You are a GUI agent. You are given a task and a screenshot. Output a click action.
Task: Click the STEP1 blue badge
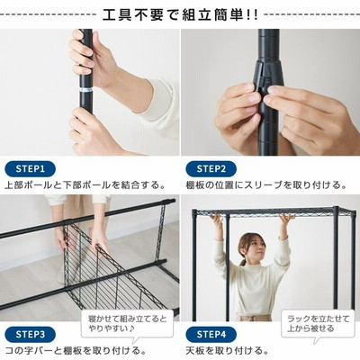(x=30, y=169)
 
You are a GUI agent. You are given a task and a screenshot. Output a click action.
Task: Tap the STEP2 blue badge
(x=211, y=169)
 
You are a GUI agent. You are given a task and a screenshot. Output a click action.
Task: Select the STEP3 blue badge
(x=30, y=335)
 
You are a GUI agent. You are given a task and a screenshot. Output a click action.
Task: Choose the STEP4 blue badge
(x=211, y=335)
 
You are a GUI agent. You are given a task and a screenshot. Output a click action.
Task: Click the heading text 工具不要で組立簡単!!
(x=180, y=15)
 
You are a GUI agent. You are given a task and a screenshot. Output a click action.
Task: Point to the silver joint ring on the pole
(x=86, y=90)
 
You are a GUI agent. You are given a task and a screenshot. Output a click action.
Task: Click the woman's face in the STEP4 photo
(x=253, y=247)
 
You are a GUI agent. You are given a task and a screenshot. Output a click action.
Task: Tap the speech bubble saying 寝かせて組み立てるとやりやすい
(x=127, y=325)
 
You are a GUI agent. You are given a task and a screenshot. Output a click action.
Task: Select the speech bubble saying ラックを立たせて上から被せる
(x=319, y=325)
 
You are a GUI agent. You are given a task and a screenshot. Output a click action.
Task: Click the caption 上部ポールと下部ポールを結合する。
(x=85, y=185)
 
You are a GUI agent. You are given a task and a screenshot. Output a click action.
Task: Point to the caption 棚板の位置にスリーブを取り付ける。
(x=266, y=185)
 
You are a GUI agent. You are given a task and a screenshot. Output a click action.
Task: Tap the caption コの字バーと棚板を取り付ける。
(x=76, y=350)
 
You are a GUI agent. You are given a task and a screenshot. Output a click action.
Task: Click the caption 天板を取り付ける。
(x=227, y=350)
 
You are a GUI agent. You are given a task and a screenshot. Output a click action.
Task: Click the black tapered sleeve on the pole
(x=268, y=78)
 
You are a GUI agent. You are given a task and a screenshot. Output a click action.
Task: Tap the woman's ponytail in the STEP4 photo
(x=242, y=261)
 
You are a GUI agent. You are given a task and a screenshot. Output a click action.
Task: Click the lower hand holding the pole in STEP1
(x=90, y=132)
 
